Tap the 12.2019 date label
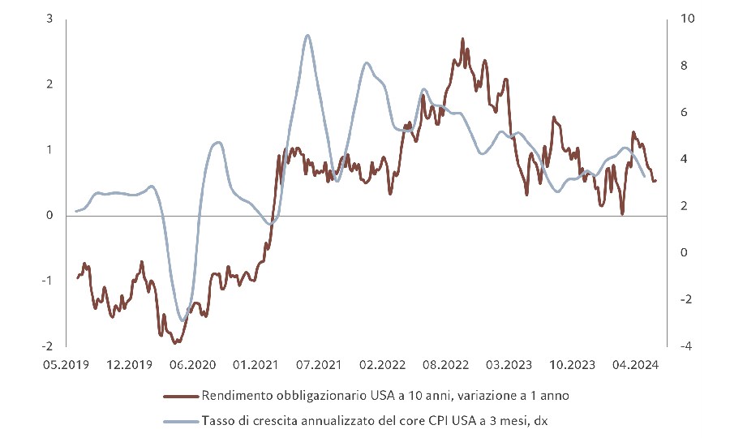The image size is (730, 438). coord(128,365)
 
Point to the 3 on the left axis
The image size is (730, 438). coord(50,19)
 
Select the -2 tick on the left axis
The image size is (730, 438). coord(48,346)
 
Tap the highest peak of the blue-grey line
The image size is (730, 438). coord(307,35)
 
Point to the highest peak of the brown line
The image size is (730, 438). coord(462,38)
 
